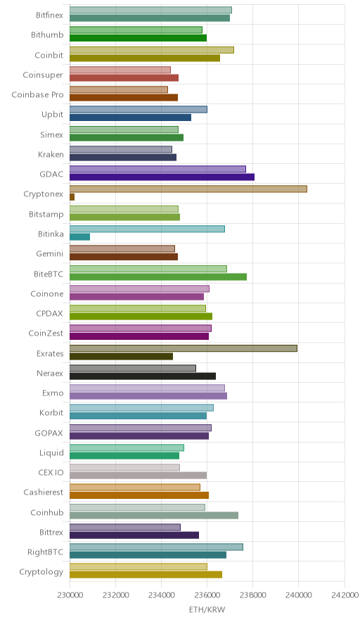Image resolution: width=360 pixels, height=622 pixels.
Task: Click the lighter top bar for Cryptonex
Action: [x=188, y=189]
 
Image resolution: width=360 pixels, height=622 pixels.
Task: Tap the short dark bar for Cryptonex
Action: [x=72, y=197]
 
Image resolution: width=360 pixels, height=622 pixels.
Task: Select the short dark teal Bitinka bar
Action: [x=79, y=237]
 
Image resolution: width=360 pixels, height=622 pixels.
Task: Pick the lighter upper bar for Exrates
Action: [x=184, y=348]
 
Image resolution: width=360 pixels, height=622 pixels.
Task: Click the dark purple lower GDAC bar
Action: [x=162, y=177]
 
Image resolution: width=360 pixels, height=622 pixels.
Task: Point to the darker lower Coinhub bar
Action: [x=154, y=515]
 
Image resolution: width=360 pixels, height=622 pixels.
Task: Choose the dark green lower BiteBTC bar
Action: [x=158, y=277]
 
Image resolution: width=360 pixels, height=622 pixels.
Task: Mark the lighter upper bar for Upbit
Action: [x=139, y=110]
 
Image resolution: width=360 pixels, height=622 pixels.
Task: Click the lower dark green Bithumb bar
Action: [x=138, y=38]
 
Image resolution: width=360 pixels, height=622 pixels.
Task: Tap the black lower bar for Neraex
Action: [x=143, y=376]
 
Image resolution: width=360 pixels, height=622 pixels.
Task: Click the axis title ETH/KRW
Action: [x=207, y=610]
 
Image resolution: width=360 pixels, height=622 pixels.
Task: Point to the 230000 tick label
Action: [x=70, y=595]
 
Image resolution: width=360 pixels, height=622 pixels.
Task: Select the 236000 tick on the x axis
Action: [x=207, y=595]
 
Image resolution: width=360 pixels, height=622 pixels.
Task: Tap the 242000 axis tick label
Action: [x=344, y=595]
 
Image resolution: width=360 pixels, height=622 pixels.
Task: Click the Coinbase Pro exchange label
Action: [x=37, y=95]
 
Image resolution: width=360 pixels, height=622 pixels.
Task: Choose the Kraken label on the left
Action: [x=51, y=154]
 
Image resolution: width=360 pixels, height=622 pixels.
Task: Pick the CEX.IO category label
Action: [x=51, y=472]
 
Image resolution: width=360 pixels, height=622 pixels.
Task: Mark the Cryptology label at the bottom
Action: [x=41, y=572]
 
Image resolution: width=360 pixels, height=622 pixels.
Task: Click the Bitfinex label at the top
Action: [x=49, y=15]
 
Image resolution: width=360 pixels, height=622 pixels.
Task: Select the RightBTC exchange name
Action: [x=45, y=552]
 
